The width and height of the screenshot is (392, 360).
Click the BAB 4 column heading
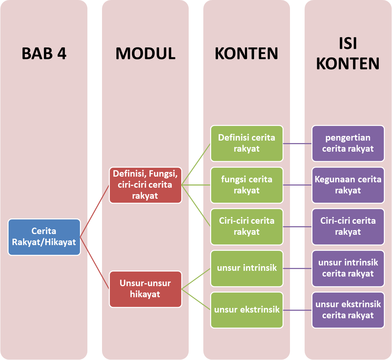(44, 53)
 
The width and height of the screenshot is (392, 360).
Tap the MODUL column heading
(145, 53)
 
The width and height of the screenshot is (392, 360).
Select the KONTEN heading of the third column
(246, 53)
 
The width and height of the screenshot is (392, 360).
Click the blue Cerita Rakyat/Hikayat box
(44, 237)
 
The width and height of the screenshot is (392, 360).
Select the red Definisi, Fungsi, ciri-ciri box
(146, 185)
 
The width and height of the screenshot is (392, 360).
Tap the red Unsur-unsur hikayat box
(146, 289)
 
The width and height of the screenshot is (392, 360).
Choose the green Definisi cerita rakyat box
(247, 143)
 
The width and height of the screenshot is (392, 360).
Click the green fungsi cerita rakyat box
(247, 185)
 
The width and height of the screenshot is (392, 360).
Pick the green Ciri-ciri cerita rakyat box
(247, 227)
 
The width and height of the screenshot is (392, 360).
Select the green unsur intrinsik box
(247, 268)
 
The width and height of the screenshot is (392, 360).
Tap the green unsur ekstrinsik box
(247, 310)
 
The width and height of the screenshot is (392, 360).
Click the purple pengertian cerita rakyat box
(348, 143)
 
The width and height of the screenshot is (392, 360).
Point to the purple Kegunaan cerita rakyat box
(348, 185)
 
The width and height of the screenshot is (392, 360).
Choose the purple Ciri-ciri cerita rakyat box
(348, 227)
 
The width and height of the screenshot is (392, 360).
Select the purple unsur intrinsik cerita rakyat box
(348, 268)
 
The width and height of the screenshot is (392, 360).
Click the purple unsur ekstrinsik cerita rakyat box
(348, 310)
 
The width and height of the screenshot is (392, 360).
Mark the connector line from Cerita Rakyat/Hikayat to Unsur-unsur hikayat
(95, 263)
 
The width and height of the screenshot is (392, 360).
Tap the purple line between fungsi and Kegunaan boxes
(297, 185)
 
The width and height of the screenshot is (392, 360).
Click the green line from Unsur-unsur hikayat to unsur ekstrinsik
(196, 299)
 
